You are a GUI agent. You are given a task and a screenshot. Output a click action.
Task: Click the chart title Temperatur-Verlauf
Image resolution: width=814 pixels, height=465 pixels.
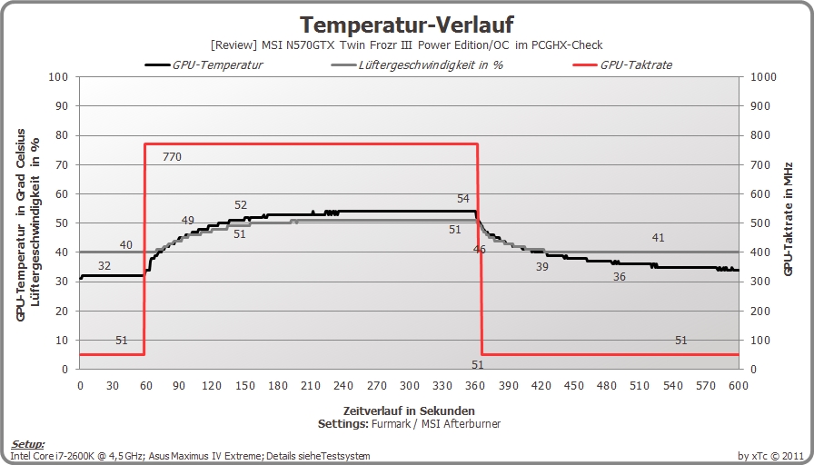coord(407,25)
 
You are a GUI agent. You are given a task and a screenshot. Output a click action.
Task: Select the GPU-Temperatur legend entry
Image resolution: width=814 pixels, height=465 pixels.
coord(204,64)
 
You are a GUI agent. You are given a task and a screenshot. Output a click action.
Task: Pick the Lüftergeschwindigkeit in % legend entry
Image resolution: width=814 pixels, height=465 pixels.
coord(417,64)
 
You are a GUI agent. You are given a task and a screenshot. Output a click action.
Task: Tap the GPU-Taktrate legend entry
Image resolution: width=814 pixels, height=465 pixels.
coord(622,64)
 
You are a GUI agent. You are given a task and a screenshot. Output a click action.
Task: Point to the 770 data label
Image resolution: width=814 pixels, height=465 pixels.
coord(172,157)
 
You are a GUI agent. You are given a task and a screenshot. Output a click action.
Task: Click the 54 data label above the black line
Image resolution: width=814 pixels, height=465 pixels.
coord(463,199)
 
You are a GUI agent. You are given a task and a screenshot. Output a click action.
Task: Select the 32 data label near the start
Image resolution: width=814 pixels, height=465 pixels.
coord(104,266)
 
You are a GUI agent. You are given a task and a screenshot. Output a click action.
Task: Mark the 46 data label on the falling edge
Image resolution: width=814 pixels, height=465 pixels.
coord(479,250)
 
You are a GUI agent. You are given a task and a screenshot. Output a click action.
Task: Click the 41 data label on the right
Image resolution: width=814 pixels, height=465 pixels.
coord(659,238)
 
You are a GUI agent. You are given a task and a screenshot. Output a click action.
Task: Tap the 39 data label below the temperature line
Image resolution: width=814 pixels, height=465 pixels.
coord(542,267)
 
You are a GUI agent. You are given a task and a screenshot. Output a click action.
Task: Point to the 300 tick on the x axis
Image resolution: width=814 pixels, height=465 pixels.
coord(410,386)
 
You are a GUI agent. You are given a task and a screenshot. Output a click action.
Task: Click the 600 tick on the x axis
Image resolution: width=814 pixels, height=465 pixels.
coord(739,386)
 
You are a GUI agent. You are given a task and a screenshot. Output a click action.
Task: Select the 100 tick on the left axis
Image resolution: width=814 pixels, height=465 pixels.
coord(58,77)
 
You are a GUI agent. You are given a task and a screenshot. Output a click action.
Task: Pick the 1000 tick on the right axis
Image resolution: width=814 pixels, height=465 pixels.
coord(764,77)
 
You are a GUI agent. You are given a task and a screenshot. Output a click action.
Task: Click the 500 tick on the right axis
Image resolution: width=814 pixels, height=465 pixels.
coord(761,223)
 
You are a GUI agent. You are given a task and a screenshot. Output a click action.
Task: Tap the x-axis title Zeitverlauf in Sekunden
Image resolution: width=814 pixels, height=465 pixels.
coord(409,411)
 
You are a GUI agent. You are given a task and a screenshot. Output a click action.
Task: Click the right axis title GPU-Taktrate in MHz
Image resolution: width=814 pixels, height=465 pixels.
coord(788,219)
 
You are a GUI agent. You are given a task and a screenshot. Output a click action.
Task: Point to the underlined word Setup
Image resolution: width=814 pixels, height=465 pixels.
coord(27,445)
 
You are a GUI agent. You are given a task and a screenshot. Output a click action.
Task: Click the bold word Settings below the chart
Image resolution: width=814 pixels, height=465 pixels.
coord(343,424)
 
